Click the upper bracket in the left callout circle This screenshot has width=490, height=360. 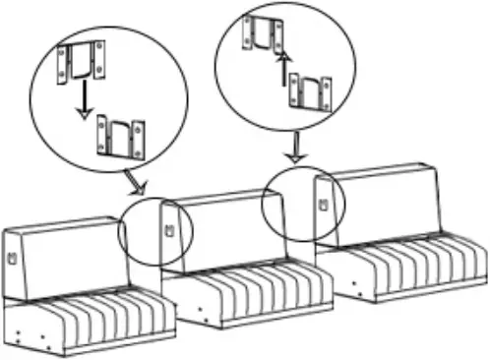tap(82, 61)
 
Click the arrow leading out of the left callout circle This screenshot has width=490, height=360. tap(135, 182)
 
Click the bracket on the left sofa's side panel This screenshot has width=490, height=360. tap(13, 258)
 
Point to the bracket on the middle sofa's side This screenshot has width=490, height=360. tap(168, 232)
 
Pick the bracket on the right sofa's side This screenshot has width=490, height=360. tap(323, 205)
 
